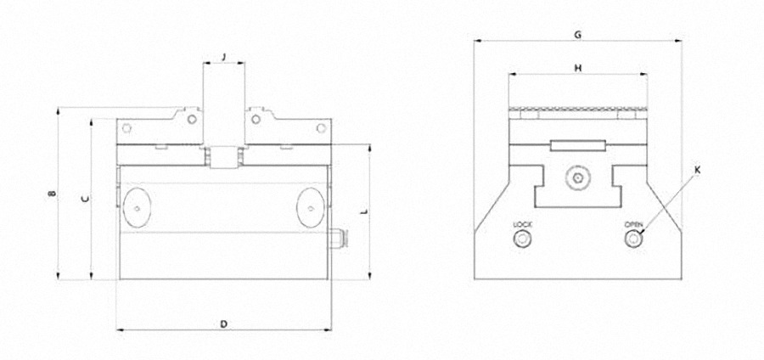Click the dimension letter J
click(x=224, y=56)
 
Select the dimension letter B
click(x=53, y=194)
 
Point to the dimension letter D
click(x=223, y=323)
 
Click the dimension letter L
click(x=364, y=210)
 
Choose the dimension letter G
click(x=577, y=35)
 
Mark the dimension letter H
click(x=577, y=68)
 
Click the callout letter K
click(x=698, y=170)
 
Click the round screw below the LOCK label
click(x=520, y=240)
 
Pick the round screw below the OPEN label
click(x=634, y=240)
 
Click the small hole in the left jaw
click(x=126, y=129)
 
